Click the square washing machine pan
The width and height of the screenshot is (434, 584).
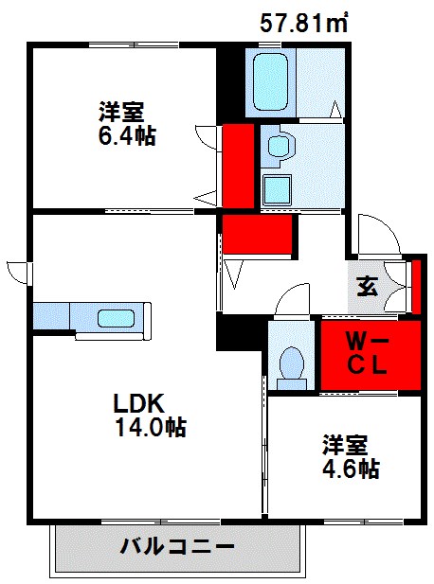click(278, 190)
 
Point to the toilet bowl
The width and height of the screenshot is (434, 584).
click(290, 363)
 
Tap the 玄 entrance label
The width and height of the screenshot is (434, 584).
click(368, 287)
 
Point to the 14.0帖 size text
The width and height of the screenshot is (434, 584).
click(149, 427)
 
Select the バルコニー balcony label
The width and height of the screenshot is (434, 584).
click(177, 547)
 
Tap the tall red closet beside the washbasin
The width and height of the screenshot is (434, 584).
click(238, 166)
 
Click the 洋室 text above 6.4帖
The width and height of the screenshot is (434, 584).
click(120, 110)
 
